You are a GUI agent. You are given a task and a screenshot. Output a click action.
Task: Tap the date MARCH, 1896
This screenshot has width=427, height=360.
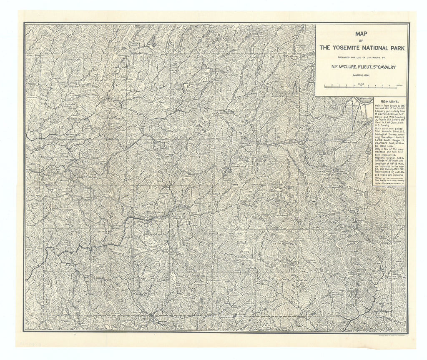(x=362, y=75)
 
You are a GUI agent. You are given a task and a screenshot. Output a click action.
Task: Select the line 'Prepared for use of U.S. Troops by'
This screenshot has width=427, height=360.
(x=362, y=57)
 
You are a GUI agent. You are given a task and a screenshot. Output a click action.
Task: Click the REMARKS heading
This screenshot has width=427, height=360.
(x=389, y=101)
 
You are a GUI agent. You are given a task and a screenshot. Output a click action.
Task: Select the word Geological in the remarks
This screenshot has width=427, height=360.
(x=384, y=134)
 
